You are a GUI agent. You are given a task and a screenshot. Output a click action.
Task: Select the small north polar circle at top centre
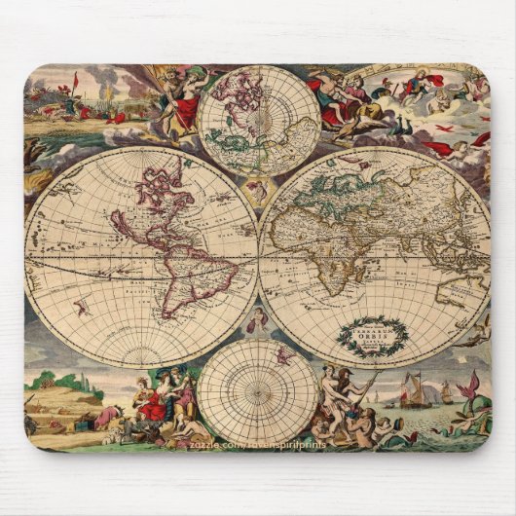(258, 120)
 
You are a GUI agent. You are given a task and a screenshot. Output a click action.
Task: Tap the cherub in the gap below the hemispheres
(258, 320)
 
